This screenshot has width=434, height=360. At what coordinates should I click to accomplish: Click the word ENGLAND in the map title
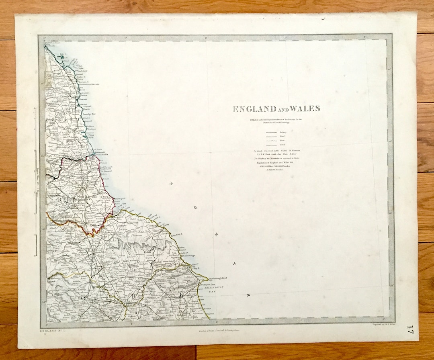pos(254,109)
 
